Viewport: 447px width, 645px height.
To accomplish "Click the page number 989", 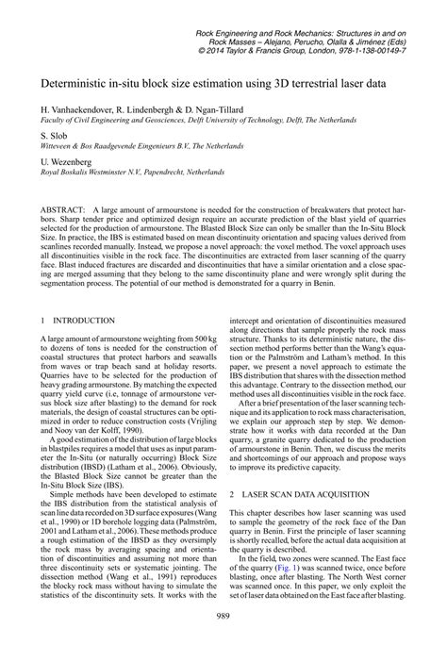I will [223, 614].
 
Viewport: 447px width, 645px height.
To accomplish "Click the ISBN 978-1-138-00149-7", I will [384, 51].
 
